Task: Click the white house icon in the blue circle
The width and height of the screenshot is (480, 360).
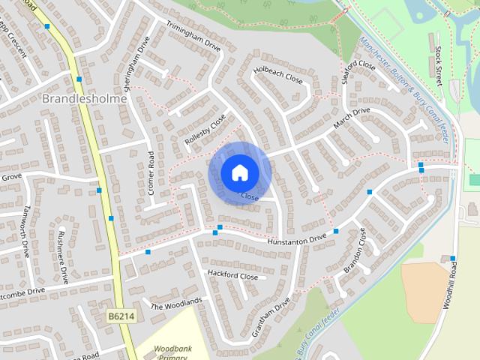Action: click(x=239, y=172)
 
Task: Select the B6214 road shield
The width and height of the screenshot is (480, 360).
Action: click(x=120, y=318)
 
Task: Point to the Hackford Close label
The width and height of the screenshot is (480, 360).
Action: click(x=232, y=276)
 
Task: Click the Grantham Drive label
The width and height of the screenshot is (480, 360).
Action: click(x=271, y=316)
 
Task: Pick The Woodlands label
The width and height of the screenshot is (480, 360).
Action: click(x=176, y=303)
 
